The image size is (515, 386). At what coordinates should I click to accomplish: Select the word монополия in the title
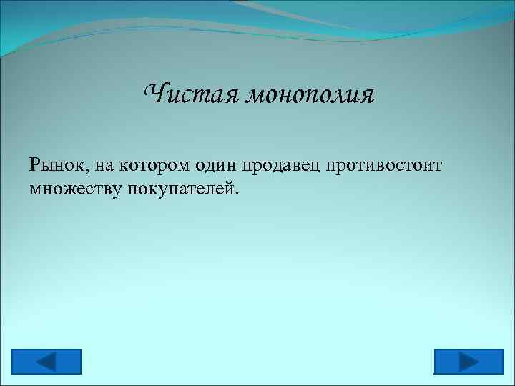(x=309, y=95)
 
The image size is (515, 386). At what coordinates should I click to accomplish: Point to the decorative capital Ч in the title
(x=154, y=93)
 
